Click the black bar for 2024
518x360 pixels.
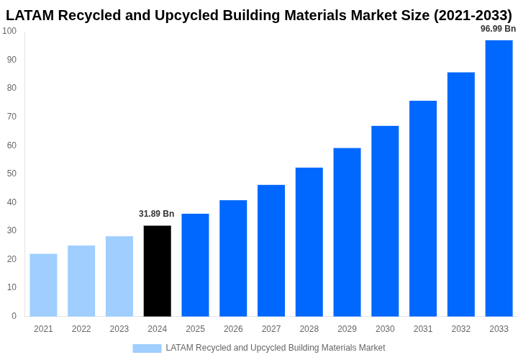[157, 271]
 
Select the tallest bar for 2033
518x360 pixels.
[499, 178]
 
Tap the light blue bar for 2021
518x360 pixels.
[43, 284]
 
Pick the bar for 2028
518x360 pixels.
[309, 241]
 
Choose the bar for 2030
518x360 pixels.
[385, 220]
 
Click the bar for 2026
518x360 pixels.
[233, 258]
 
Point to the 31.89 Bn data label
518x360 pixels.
[156, 214]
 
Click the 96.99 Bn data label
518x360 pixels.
[498, 29]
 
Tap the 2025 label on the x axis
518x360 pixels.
[195, 329]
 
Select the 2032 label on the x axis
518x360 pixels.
[460, 329]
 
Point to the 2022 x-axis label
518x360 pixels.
[81, 329]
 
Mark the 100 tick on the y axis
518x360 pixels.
[9, 31]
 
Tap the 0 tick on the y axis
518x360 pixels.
[14, 315]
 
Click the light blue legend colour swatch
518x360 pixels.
[147, 348]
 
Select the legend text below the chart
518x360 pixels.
[276, 348]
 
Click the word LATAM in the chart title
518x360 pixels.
[32, 15]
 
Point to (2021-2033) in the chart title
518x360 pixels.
[473, 15]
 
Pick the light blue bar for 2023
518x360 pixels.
[119, 276]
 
